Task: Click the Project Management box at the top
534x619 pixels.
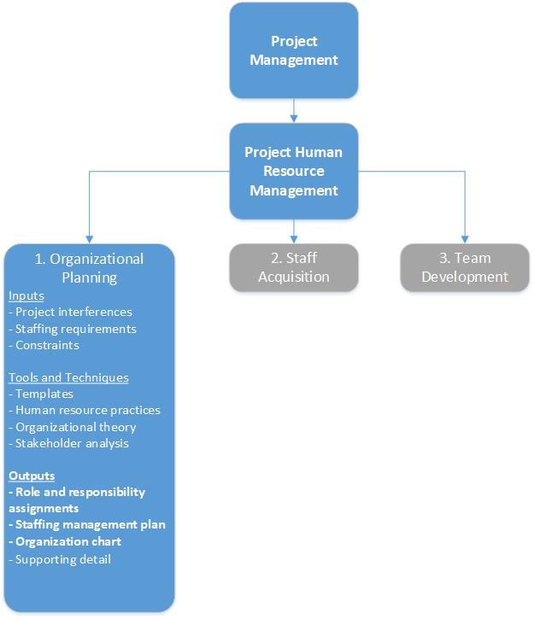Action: click(x=294, y=50)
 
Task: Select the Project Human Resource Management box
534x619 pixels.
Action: click(x=294, y=171)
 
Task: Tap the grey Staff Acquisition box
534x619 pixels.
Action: click(x=294, y=267)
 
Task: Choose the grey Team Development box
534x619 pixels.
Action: click(x=465, y=267)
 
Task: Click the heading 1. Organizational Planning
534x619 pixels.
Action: click(x=89, y=268)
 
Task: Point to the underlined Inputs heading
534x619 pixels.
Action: click(x=26, y=296)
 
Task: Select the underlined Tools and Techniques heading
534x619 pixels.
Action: click(x=68, y=377)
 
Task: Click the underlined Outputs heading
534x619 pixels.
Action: click(x=33, y=476)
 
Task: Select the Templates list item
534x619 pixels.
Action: click(x=41, y=394)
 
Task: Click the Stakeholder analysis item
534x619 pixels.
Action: click(x=68, y=443)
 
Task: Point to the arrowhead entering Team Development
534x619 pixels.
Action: click(x=465, y=238)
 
